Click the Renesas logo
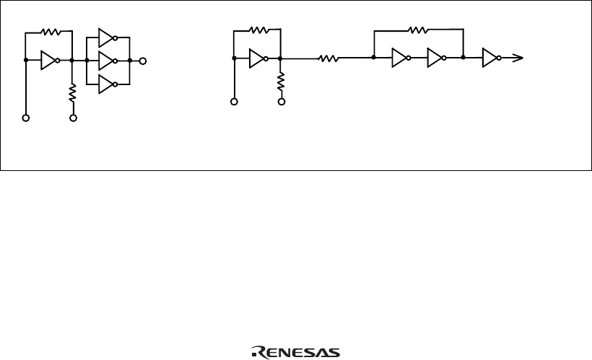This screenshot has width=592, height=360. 297,351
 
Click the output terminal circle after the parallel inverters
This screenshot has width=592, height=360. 143,61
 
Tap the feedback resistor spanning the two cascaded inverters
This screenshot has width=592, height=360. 418,30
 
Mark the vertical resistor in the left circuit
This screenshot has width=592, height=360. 72,92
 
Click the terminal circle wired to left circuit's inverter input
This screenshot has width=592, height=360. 26,118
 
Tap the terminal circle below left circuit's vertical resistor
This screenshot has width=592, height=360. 72,118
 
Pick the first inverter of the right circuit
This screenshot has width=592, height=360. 258,58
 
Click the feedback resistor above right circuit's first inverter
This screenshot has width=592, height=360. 258,30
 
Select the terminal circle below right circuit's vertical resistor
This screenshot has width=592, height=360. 281,102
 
